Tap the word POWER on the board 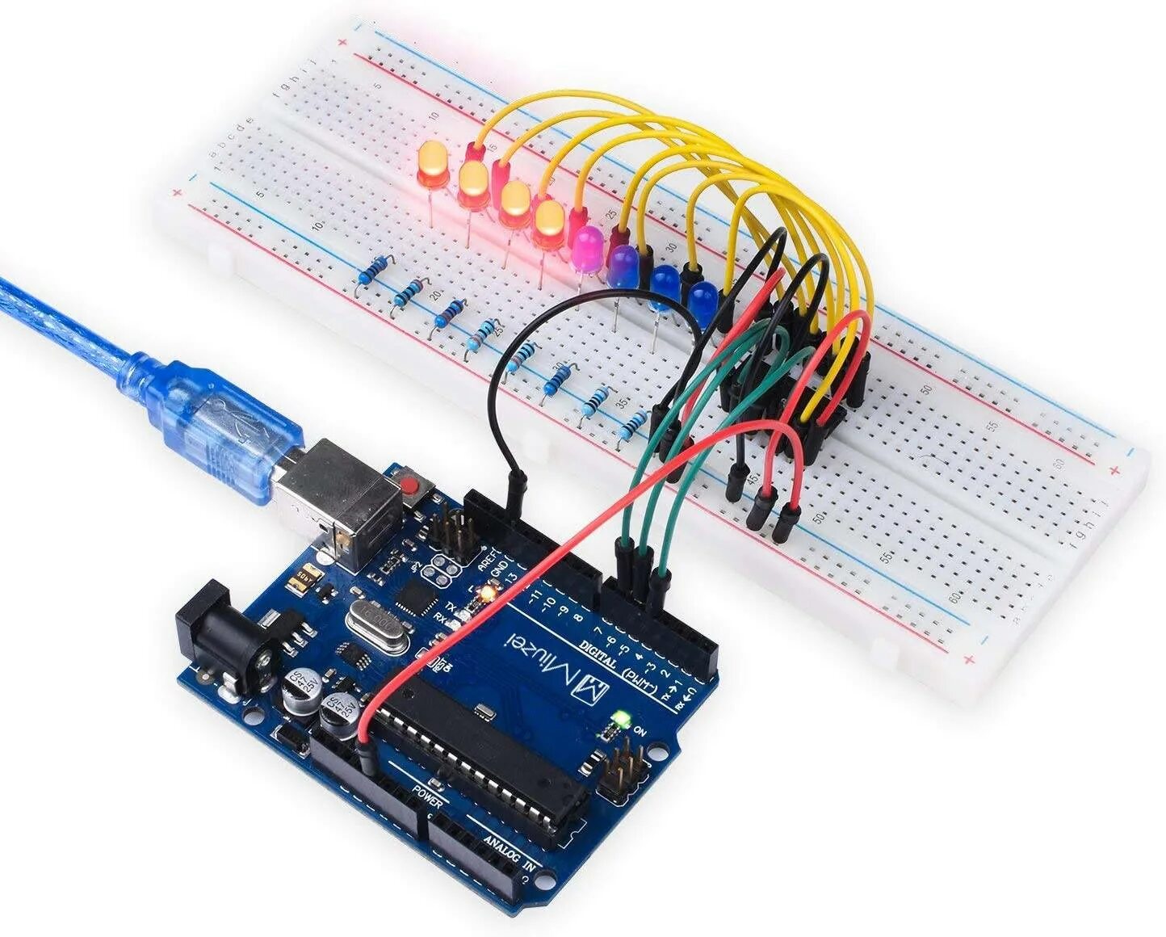coord(426,796)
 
